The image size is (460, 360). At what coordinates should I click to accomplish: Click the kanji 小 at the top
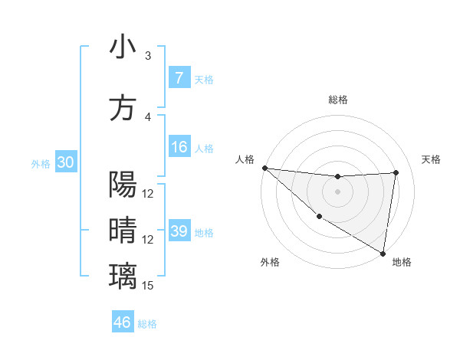[x=123, y=47]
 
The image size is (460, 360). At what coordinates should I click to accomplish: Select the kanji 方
[x=123, y=107]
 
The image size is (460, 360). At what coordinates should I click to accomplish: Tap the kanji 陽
[x=123, y=185]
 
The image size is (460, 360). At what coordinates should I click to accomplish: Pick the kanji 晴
[x=123, y=230]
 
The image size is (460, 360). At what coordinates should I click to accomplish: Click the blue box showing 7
[x=179, y=78]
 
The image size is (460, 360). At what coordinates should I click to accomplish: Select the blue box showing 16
[x=179, y=147]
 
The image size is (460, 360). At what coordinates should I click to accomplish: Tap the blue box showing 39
[x=179, y=231]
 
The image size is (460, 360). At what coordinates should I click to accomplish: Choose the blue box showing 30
[x=65, y=162]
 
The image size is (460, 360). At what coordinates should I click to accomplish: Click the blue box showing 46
[x=123, y=322]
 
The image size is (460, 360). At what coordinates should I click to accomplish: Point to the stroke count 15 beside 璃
[x=149, y=286]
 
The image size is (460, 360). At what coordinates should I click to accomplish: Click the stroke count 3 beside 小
[x=149, y=56]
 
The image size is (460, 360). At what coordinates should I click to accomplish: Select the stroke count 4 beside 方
[x=149, y=117]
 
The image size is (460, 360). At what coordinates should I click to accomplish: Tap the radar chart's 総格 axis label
[x=337, y=100]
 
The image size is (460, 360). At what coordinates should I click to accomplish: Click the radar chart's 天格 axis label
[x=432, y=159]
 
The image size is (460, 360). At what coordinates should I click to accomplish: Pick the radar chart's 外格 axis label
[x=270, y=262]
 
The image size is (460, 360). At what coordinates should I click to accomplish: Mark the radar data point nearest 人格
[x=264, y=168]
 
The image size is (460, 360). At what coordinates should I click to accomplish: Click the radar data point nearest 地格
[x=383, y=253]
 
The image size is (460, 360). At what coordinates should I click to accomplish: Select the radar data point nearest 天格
[x=396, y=172]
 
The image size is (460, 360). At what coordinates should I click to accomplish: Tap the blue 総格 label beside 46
[x=147, y=324]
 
